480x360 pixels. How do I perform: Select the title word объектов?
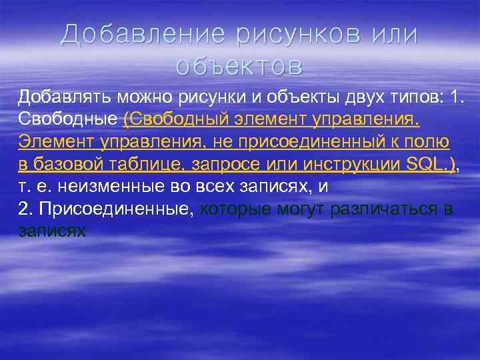239,66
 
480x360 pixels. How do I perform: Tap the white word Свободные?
67,119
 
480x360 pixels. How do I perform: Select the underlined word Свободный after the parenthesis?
175,119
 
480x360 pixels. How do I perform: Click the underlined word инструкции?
339,165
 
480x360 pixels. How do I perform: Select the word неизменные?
101,187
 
